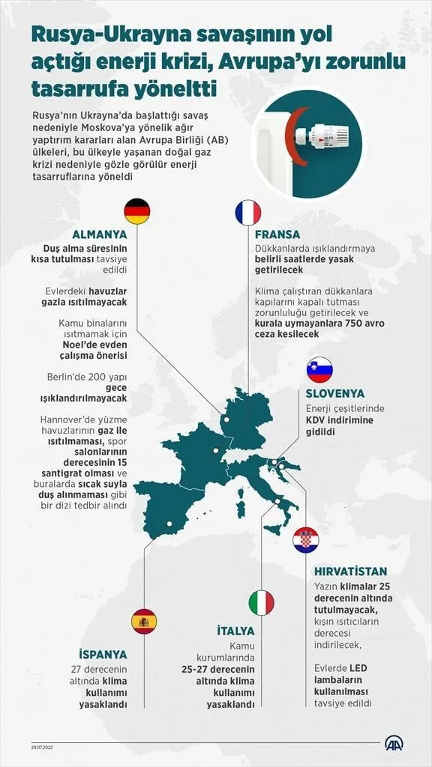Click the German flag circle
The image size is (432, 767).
tap(136, 211)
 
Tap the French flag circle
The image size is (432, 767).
tap(247, 213)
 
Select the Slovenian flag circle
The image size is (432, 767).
tap(319, 370)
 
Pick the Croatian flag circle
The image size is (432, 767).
tap(305, 540)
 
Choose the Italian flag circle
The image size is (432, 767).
tap(261, 602)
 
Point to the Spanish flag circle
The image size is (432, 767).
tap(144, 621)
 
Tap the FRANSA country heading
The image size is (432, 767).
tap(277, 234)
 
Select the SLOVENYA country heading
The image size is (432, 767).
tap(334, 393)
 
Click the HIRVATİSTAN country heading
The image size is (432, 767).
tap(351, 571)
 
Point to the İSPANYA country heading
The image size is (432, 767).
tap(103, 653)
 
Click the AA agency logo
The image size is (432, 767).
tap(394, 743)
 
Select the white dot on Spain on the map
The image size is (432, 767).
tap(169, 524)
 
